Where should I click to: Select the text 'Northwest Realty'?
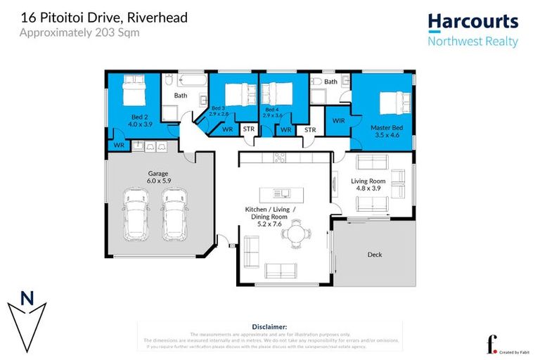[x=472, y=41]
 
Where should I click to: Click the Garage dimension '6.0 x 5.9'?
[x=157, y=180]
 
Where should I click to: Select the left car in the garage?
[x=135, y=214]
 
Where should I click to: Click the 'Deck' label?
[x=375, y=255]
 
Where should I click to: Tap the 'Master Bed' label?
[x=385, y=127]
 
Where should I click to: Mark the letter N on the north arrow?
[x=27, y=297]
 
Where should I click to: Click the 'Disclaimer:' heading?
[x=269, y=327]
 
